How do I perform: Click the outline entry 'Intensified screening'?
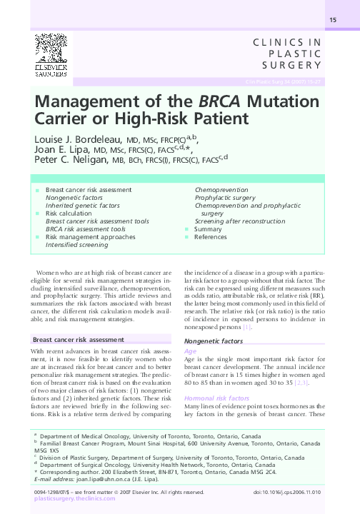click(x=77, y=245)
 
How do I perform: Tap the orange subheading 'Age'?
click(x=190, y=352)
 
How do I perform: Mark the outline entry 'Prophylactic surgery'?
click(x=225, y=198)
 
